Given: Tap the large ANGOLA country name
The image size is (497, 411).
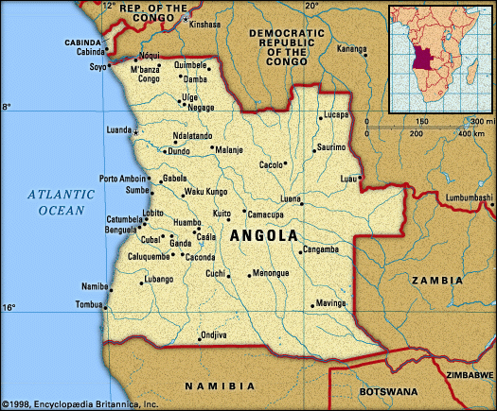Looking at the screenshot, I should point(263,235).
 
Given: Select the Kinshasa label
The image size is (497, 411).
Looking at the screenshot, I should point(204,24).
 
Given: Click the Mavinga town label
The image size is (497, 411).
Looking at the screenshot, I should point(332,303).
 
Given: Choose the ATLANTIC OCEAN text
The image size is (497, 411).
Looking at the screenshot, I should point(62,202).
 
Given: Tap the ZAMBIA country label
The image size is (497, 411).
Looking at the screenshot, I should point(436,281).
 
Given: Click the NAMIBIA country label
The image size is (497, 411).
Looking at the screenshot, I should point(220,385).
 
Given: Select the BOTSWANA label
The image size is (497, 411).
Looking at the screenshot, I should point(388,390).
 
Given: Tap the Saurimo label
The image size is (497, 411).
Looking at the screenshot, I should point(331,147).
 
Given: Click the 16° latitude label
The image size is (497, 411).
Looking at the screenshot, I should point(8,308).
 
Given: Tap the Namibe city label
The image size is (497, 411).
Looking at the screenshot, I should point(94,285).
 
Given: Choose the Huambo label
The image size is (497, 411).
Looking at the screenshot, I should point(187,222).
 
